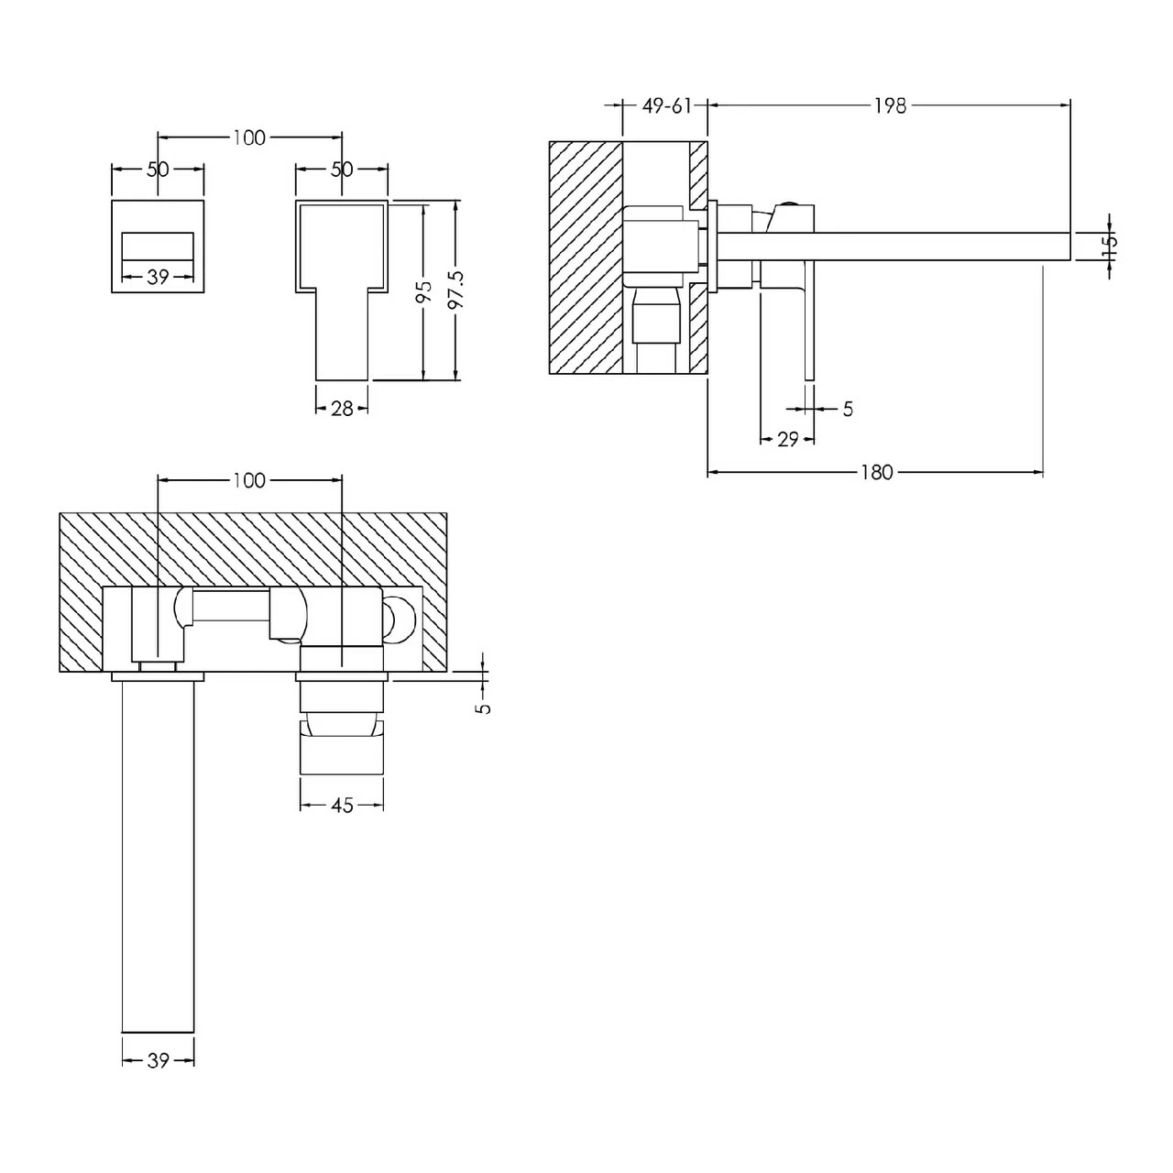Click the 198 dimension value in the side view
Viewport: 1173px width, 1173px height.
click(889, 106)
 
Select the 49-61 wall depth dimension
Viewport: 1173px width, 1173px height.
click(666, 106)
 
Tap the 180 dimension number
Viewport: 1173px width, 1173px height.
click(876, 473)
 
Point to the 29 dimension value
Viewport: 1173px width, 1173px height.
click(788, 440)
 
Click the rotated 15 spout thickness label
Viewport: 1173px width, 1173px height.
click(1109, 244)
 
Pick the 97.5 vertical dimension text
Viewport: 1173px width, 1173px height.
click(457, 290)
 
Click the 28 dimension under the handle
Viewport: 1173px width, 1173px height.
click(342, 409)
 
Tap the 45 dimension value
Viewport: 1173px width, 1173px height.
click(341, 806)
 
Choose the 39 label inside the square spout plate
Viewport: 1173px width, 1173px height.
click(158, 277)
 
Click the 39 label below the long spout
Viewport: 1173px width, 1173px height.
click(158, 1061)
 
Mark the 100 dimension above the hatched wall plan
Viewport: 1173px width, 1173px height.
click(248, 480)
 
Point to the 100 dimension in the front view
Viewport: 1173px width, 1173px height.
click(248, 137)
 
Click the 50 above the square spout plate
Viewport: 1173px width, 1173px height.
click(158, 170)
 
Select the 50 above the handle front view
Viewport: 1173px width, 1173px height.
click(341, 170)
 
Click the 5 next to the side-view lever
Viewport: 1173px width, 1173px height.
click(847, 410)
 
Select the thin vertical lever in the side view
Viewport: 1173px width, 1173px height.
click(808, 321)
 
